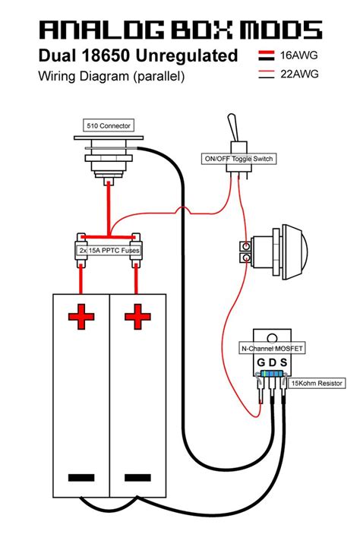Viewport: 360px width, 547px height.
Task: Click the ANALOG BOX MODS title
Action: coord(180,30)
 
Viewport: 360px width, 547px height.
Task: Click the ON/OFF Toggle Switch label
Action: coord(238,159)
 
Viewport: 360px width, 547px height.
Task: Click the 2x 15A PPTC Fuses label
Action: coord(109,249)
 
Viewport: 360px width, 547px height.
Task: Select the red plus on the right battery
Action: coord(138,316)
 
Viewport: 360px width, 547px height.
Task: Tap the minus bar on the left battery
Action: coord(80,478)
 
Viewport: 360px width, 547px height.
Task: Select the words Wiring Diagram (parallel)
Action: coord(111,76)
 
